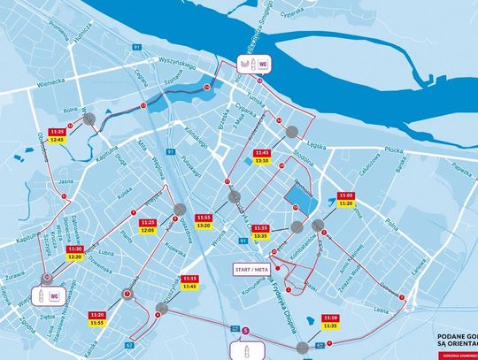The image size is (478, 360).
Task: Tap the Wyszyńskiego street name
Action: tap(172, 65)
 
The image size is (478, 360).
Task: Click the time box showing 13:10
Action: tap(261, 157)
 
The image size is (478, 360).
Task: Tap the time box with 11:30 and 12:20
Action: tap(74, 254)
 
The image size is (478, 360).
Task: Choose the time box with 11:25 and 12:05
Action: tap(148, 226)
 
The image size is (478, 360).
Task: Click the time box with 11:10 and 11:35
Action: tap(329, 321)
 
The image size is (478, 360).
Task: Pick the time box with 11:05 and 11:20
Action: tap(346, 198)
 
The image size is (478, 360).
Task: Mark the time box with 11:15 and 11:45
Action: tap(189, 281)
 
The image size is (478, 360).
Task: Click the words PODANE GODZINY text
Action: tap(457, 337)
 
